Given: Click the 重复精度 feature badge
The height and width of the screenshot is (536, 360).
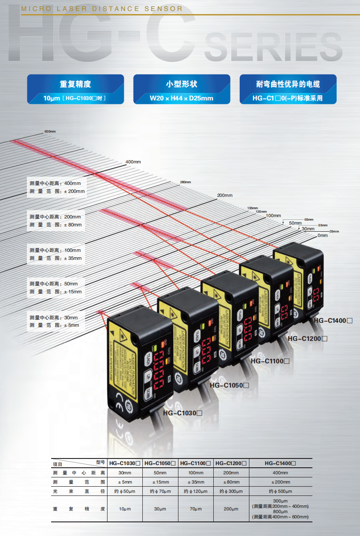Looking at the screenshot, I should [x=75, y=89].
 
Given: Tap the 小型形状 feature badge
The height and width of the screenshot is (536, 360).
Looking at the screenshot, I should [x=182, y=89].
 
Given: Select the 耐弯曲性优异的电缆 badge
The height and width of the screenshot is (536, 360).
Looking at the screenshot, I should [x=288, y=89].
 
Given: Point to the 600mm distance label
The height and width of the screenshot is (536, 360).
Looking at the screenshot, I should [x=50, y=132].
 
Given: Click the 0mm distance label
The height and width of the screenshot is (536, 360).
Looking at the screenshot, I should [x=323, y=236].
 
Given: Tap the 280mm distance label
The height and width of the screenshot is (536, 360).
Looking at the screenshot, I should [x=186, y=182].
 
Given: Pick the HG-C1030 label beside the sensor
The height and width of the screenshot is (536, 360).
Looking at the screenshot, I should [x=182, y=413].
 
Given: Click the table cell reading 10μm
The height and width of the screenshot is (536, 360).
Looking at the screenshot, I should [x=125, y=509].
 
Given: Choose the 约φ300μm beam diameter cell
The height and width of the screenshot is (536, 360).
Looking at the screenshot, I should [x=231, y=491].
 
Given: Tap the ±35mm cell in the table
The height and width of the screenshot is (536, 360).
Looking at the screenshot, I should [x=195, y=482].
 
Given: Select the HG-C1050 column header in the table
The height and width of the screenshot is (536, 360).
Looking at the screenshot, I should [x=160, y=463].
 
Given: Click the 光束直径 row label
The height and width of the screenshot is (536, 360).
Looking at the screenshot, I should [x=79, y=491].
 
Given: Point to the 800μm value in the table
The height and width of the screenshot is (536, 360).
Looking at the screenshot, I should [x=280, y=512].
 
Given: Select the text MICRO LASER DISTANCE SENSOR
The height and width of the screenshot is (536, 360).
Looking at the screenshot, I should [x=102, y=9].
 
